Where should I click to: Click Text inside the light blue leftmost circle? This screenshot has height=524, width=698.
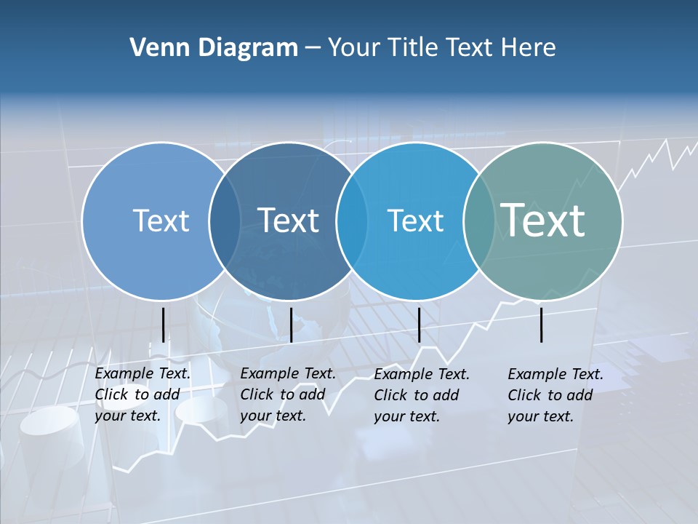click(x=161, y=221)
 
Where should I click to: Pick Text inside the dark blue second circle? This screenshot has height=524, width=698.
click(x=289, y=221)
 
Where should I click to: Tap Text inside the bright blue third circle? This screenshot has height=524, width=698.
click(x=415, y=221)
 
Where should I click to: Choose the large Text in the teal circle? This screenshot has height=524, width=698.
click(x=543, y=220)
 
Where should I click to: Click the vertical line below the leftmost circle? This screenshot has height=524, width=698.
click(x=163, y=325)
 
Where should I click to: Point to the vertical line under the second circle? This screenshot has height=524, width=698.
click(x=291, y=325)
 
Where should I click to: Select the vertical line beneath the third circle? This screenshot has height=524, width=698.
click(x=419, y=325)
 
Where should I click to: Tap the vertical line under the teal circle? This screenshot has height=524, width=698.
click(x=542, y=325)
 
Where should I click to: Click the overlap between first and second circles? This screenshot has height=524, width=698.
click(x=225, y=221)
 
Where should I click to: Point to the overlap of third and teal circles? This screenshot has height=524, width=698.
click(x=479, y=221)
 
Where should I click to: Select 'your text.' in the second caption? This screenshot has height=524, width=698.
click(x=273, y=416)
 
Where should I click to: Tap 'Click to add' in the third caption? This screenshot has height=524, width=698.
click(x=417, y=395)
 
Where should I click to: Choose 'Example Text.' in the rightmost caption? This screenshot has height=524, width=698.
click(x=555, y=374)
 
